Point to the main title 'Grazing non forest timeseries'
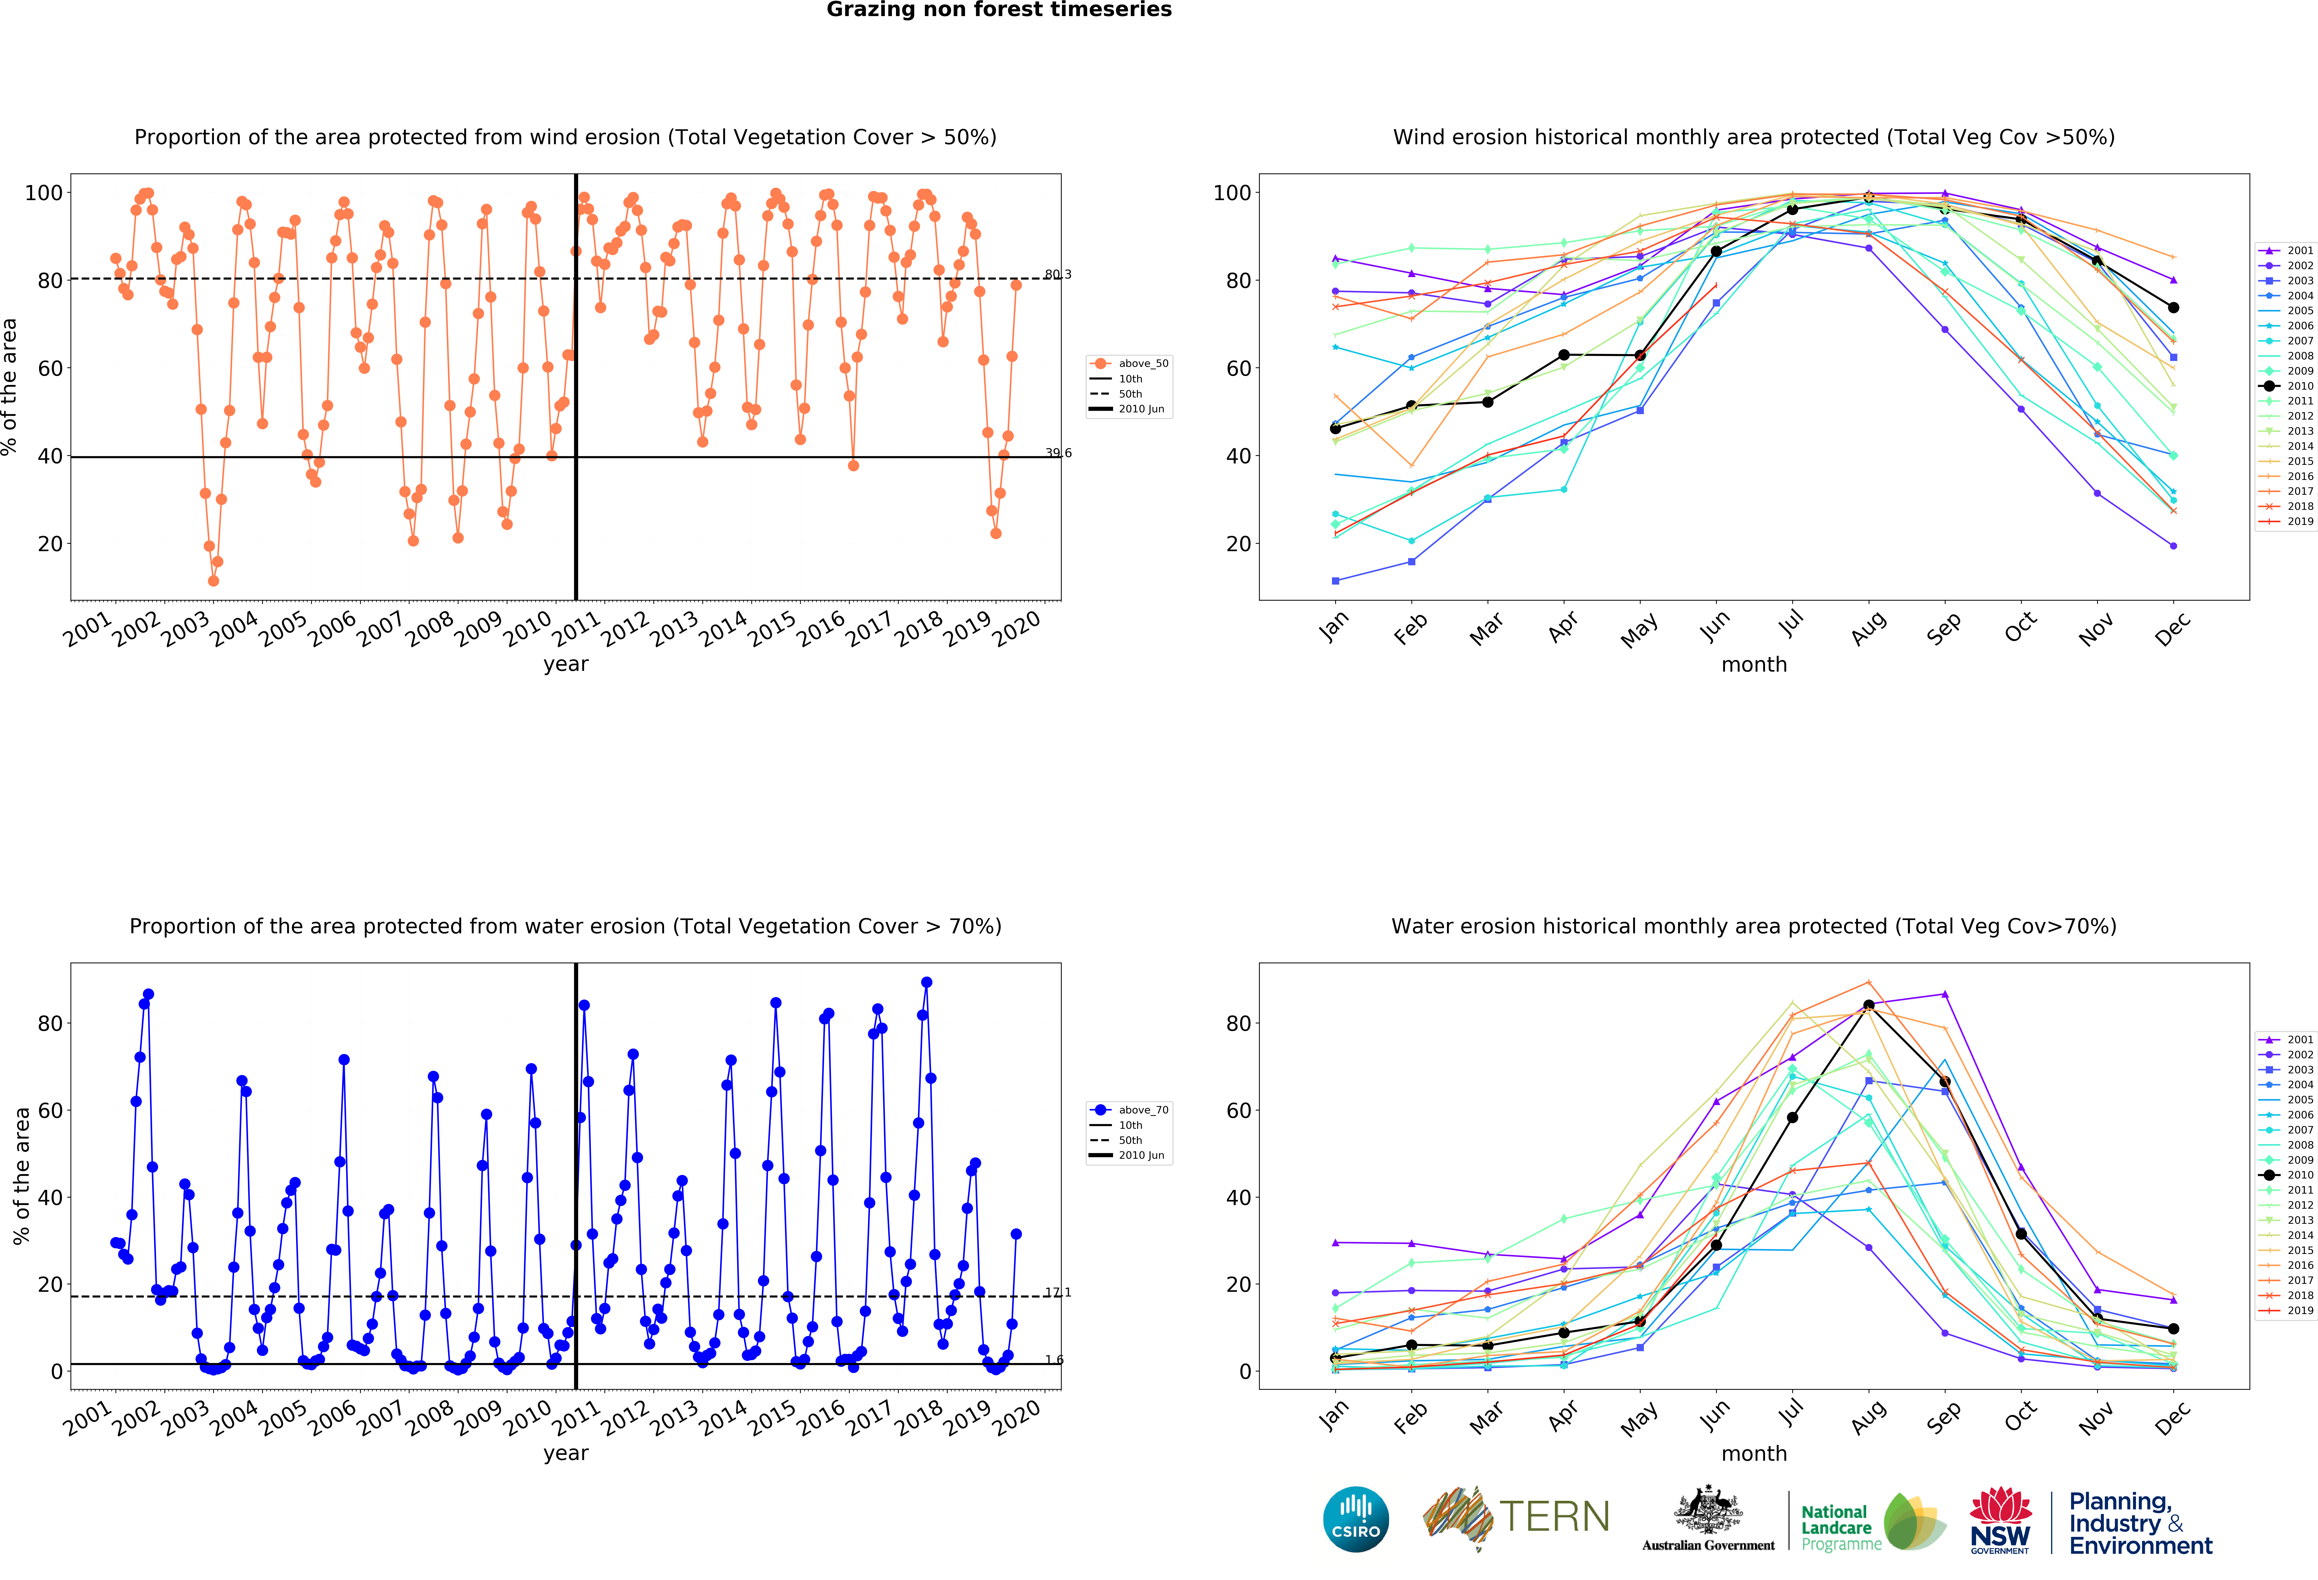[x=998, y=10]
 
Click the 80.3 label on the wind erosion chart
[x=1058, y=274]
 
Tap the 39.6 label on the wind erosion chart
[x=1058, y=453]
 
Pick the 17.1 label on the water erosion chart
[x=1058, y=1292]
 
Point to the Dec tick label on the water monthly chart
[x=2172, y=1416]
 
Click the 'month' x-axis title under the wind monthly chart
[x=1753, y=664]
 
